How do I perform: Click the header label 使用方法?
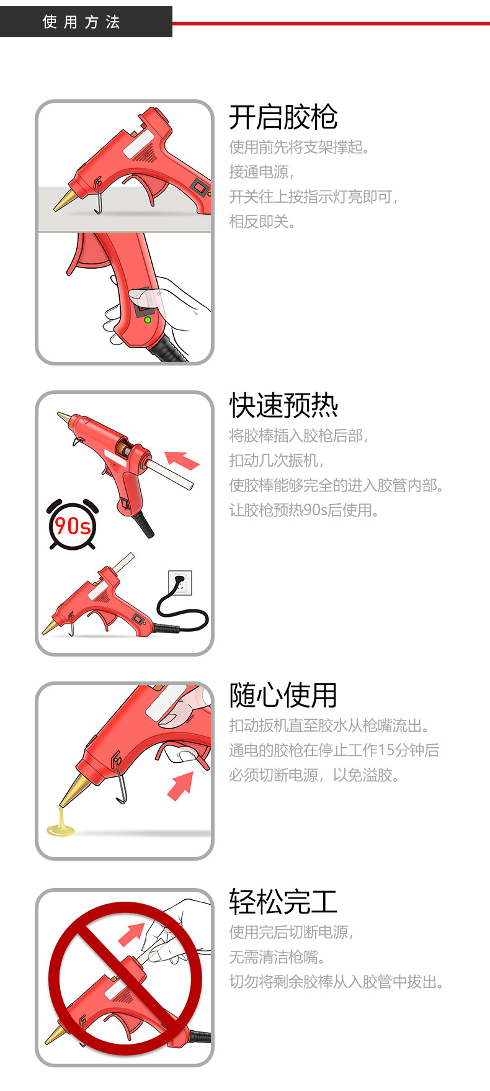tap(81, 22)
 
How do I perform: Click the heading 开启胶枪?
tap(283, 117)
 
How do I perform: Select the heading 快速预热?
tap(283, 406)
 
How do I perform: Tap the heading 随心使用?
tap(283, 695)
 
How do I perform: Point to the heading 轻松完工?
tap(283, 902)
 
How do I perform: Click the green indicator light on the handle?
tap(148, 320)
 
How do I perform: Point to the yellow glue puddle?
tap(60, 829)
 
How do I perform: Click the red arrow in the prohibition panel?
tap(131, 934)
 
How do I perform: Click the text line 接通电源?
tap(261, 172)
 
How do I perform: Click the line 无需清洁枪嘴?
tap(277, 957)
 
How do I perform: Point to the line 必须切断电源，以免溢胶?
tap(314, 775)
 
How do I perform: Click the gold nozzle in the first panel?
tap(64, 200)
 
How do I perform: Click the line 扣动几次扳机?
tap(276, 460)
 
